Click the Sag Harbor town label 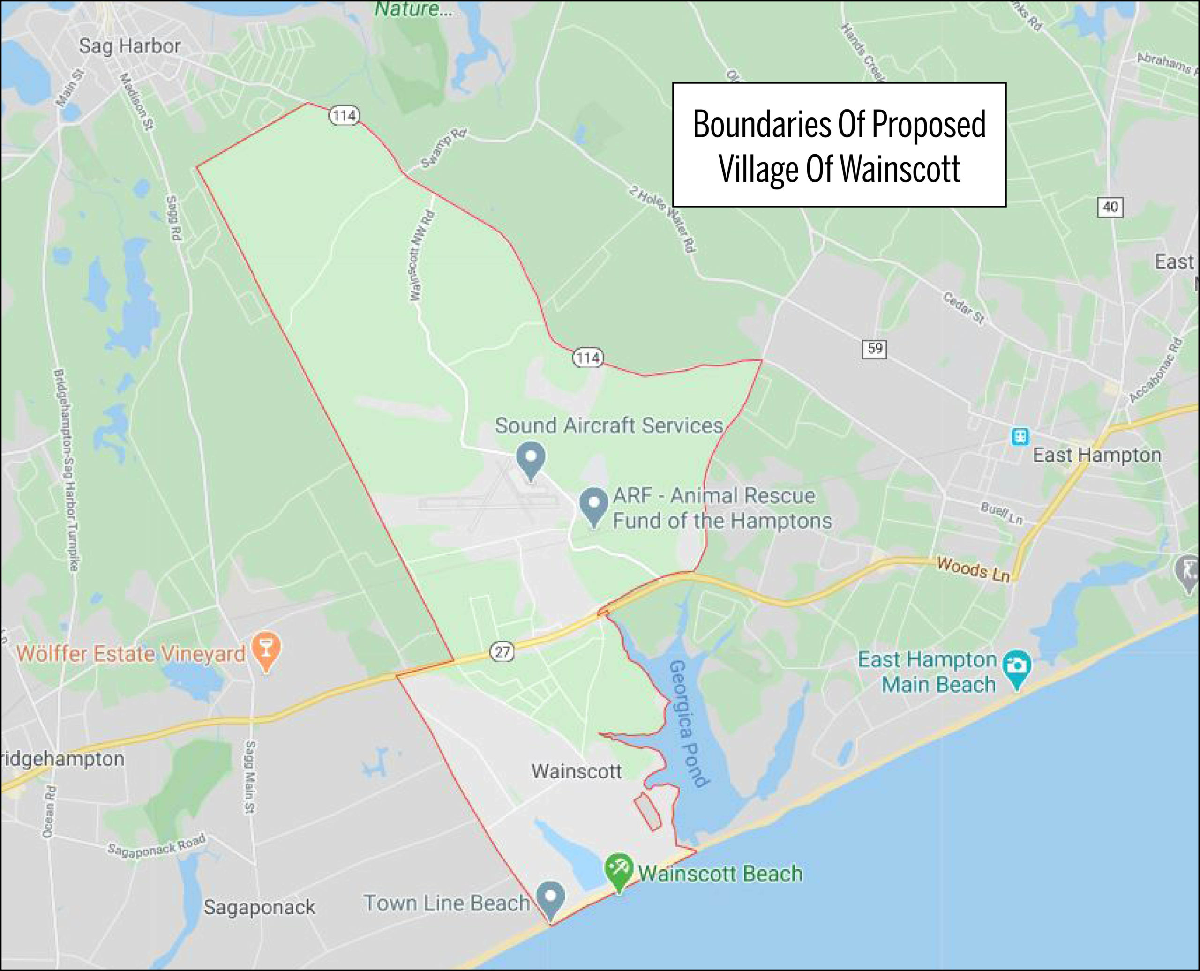[130, 46]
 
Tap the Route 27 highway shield [502, 651]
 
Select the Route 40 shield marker [1110, 208]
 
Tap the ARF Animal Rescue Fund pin [593, 505]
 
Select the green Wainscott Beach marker [619, 872]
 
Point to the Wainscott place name [577, 771]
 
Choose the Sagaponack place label [259, 907]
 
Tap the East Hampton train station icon [1020, 436]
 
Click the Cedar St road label [963, 307]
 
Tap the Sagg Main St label [251, 777]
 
